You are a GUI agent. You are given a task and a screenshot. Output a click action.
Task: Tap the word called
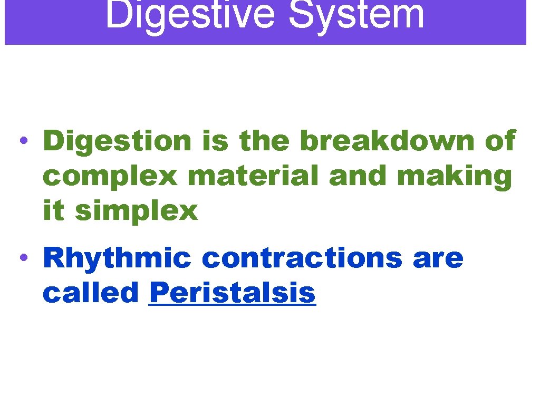tap(91, 293)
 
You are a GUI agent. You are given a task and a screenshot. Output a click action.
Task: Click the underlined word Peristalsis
tap(233, 293)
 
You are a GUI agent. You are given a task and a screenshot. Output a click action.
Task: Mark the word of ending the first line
tap(499, 141)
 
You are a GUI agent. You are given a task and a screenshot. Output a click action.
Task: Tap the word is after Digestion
tap(215, 141)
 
